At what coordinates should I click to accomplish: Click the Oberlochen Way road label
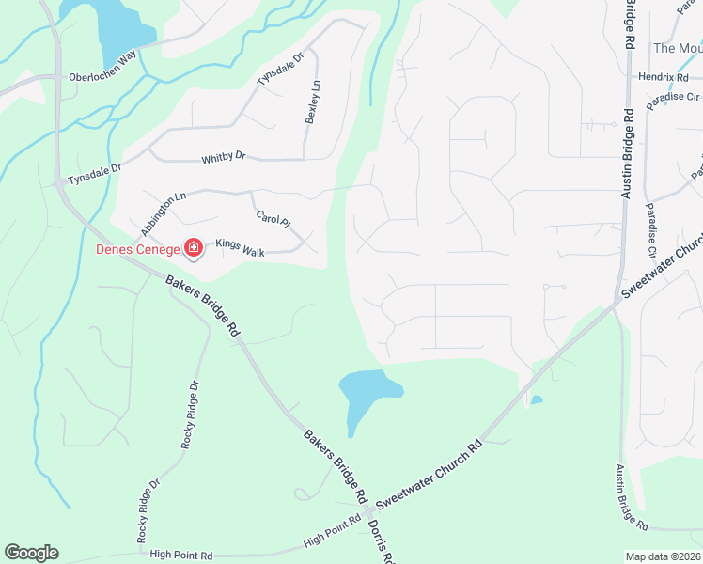pos(102,78)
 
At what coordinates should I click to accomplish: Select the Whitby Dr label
pos(223,157)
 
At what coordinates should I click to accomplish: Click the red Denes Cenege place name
pos(137,249)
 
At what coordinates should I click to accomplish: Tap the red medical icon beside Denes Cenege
pos(194,249)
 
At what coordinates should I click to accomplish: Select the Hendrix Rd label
pos(664,77)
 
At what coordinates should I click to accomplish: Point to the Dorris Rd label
pos(381,542)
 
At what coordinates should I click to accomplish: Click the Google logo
pos(31,553)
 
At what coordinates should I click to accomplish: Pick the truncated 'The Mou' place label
pos(677,48)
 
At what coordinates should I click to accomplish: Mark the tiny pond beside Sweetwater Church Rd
pos(536,400)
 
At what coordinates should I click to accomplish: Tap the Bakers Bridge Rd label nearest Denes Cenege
pos(202,307)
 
